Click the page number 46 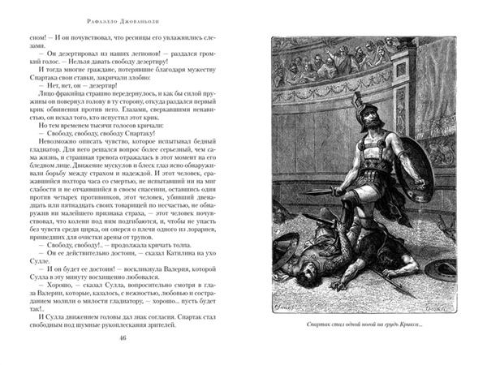123,339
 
